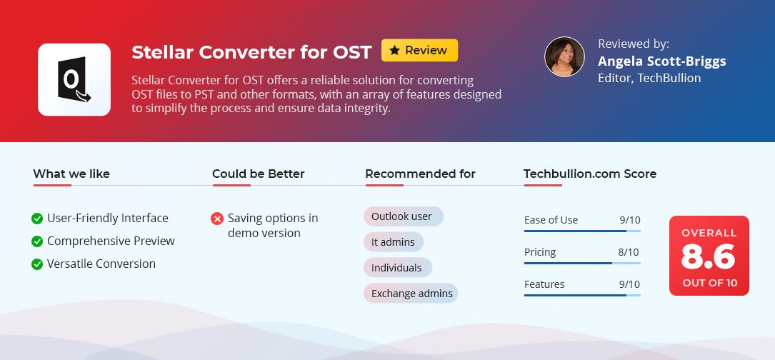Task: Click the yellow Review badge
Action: pos(419,51)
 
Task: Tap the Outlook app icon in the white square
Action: pos(74,79)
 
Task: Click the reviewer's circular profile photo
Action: pos(564,56)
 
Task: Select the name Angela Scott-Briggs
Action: pos(662,61)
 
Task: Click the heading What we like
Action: pos(71,174)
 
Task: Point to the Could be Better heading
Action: pos(258,174)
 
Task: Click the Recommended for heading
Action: pos(420,174)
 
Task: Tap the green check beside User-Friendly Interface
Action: pos(37,219)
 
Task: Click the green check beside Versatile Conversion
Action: pos(37,264)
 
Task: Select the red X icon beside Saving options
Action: pos(217,219)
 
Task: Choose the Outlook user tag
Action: pos(404,216)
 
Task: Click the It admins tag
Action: pos(394,242)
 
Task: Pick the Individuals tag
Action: pos(398,268)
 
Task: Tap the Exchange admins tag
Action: pos(411,294)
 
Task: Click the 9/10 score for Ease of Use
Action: pos(630,220)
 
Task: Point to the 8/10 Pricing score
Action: pos(629,252)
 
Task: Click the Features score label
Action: pos(544,284)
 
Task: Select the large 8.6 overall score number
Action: pos(709,256)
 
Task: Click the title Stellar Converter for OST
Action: pos(251,52)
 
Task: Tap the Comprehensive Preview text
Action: pos(111,241)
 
